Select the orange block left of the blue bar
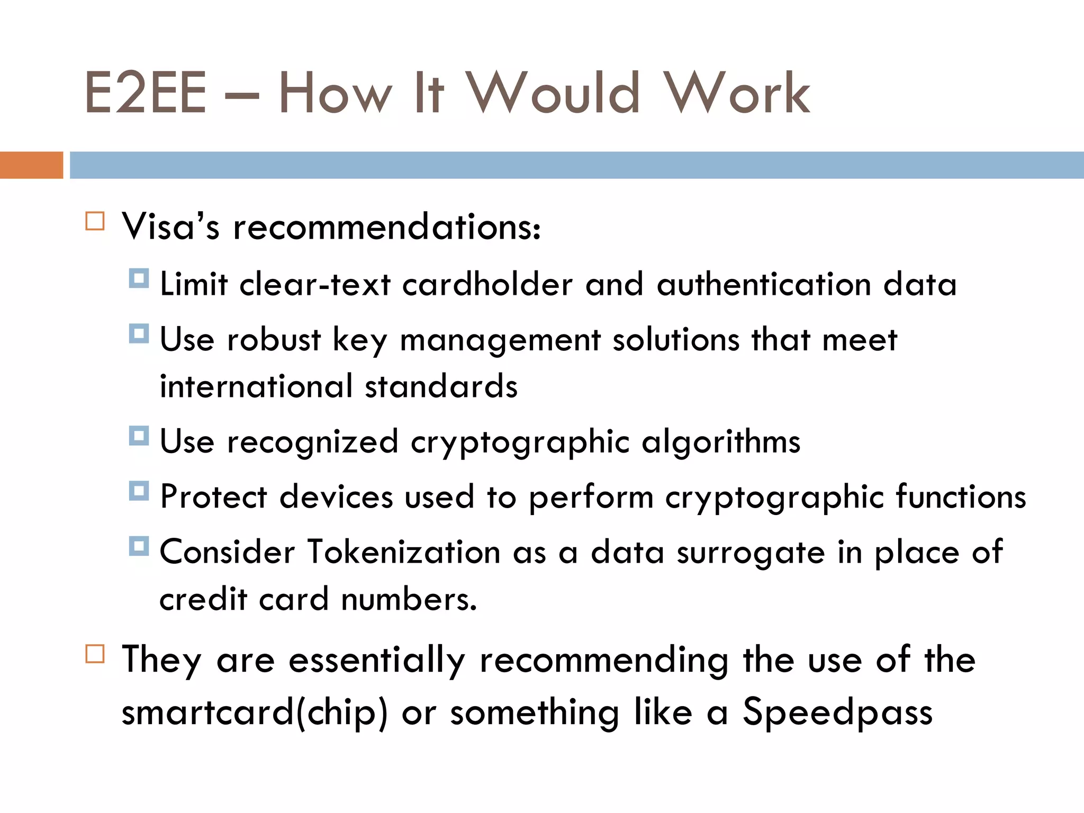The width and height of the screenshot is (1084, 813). (x=31, y=165)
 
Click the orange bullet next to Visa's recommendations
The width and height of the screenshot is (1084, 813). (x=95, y=221)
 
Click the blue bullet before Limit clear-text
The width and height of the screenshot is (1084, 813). (x=139, y=278)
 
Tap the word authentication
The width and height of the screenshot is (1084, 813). (x=764, y=284)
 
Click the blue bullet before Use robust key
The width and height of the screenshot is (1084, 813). (x=139, y=333)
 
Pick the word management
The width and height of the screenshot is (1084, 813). (x=500, y=340)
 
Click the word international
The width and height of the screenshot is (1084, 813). (x=256, y=386)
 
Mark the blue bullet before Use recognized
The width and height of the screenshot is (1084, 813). (x=139, y=436)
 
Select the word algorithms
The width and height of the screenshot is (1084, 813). (x=721, y=442)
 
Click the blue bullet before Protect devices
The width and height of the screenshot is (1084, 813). (x=139, y=491)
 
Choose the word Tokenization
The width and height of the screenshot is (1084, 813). (x=404, y=552)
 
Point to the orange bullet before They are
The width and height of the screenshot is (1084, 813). (x=95, y=654)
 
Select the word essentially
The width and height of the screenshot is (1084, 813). (x=377, y=661)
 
